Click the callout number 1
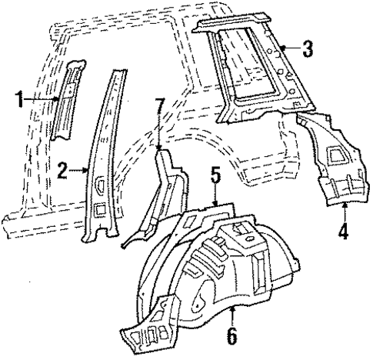pyautogui.click(x=20, y=98)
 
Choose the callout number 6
pyautogui.click(x=232, y=337)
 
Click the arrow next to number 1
pyautogui.click(x=48, y=98)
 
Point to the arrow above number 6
pyautogui.click(x=232, y=312)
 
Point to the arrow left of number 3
pyautogui.click(x=286, y=49)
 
